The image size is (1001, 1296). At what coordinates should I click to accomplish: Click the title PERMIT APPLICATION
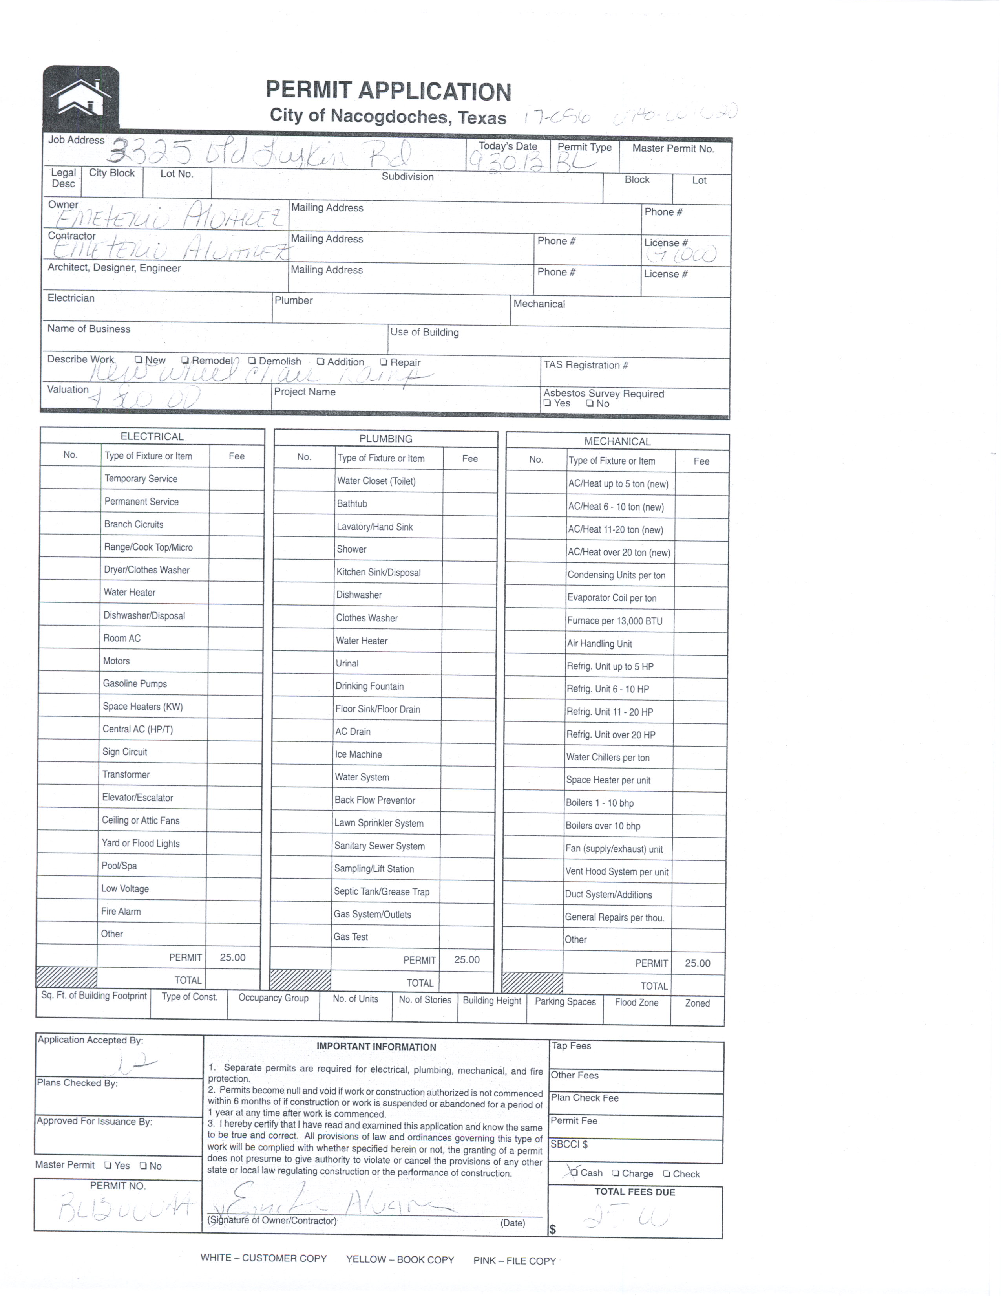(388, 91)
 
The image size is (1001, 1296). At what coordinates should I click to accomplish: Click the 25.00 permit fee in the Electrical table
(232, 957)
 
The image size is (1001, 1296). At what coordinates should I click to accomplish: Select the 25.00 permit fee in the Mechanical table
(698, 963)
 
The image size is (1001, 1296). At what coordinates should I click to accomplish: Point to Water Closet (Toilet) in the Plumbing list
(376, 481)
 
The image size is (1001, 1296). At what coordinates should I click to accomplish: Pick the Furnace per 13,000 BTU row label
(615, 621)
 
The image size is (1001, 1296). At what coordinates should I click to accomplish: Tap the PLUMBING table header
(385, 439)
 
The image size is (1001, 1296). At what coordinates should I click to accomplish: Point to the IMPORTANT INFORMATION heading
(376, 1047)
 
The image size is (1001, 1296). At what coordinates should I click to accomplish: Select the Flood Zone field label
(636, 1002)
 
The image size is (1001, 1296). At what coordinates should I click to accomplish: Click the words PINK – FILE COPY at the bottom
(514, 1260)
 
